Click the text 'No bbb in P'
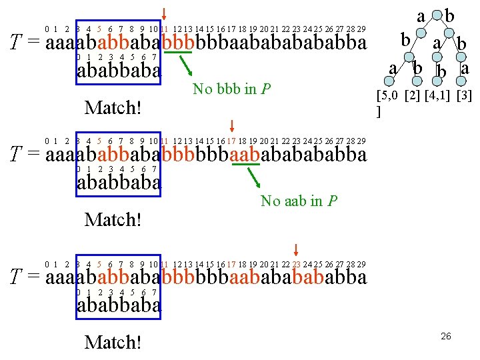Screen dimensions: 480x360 pos(231,89)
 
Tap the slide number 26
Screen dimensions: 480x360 pos(445,336)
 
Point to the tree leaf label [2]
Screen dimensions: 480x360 pos(413,96)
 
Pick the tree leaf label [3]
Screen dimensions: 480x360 pos(463,96)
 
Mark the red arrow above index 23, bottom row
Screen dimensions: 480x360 pos(296,251)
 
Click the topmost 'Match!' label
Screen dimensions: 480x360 pos(113,107)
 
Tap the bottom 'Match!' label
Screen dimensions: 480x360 pos(113,342)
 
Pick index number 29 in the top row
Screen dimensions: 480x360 pos(361,29)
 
